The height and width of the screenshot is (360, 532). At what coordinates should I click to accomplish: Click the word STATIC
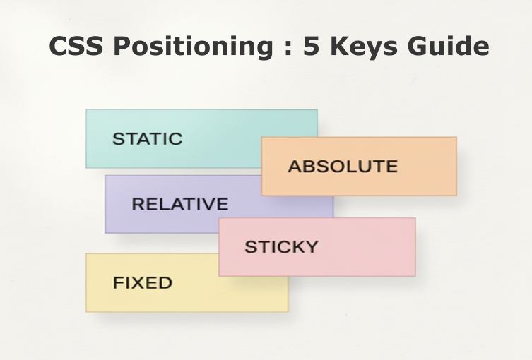pos(147,138)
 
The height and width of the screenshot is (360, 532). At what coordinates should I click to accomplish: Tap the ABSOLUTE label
pos(343,167)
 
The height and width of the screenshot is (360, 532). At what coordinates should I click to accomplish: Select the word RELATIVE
pos(180,205)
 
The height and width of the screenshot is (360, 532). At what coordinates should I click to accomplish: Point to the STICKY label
pos(281,247)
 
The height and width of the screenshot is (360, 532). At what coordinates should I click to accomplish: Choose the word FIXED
pos(143,283)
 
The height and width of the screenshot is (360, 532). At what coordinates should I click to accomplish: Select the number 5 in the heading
pos(311,47)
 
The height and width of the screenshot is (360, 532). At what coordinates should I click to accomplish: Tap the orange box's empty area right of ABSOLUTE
pos(427,167)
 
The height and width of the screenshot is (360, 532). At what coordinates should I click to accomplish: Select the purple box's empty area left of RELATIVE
pos(118,205)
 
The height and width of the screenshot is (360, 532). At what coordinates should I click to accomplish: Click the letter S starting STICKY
pos(249,247)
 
